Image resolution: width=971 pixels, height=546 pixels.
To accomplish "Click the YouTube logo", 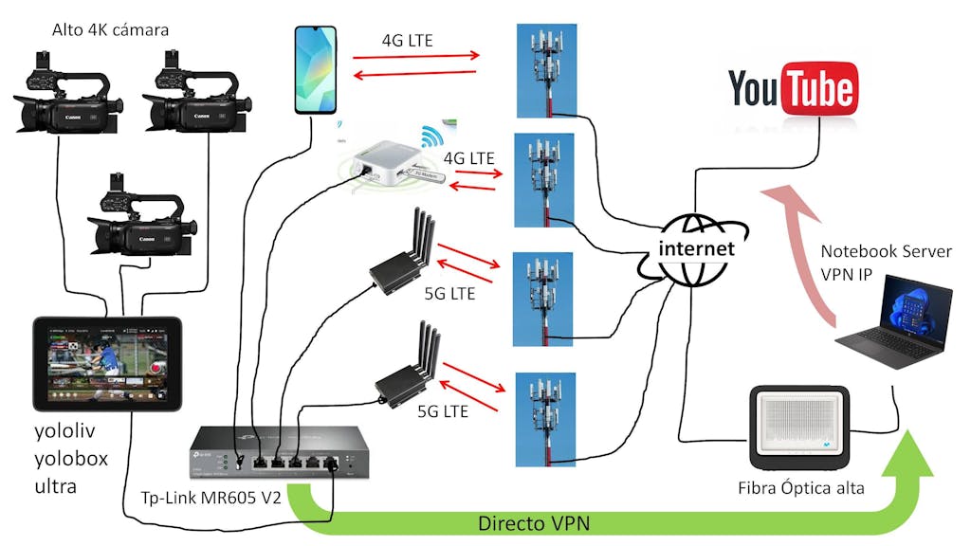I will coord(793,90).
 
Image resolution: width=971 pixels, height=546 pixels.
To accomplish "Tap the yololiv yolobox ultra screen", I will coord(106,363).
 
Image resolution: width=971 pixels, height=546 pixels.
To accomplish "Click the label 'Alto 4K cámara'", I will coord(111,30).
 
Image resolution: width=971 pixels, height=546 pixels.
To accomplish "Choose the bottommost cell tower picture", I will coord(544,418).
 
